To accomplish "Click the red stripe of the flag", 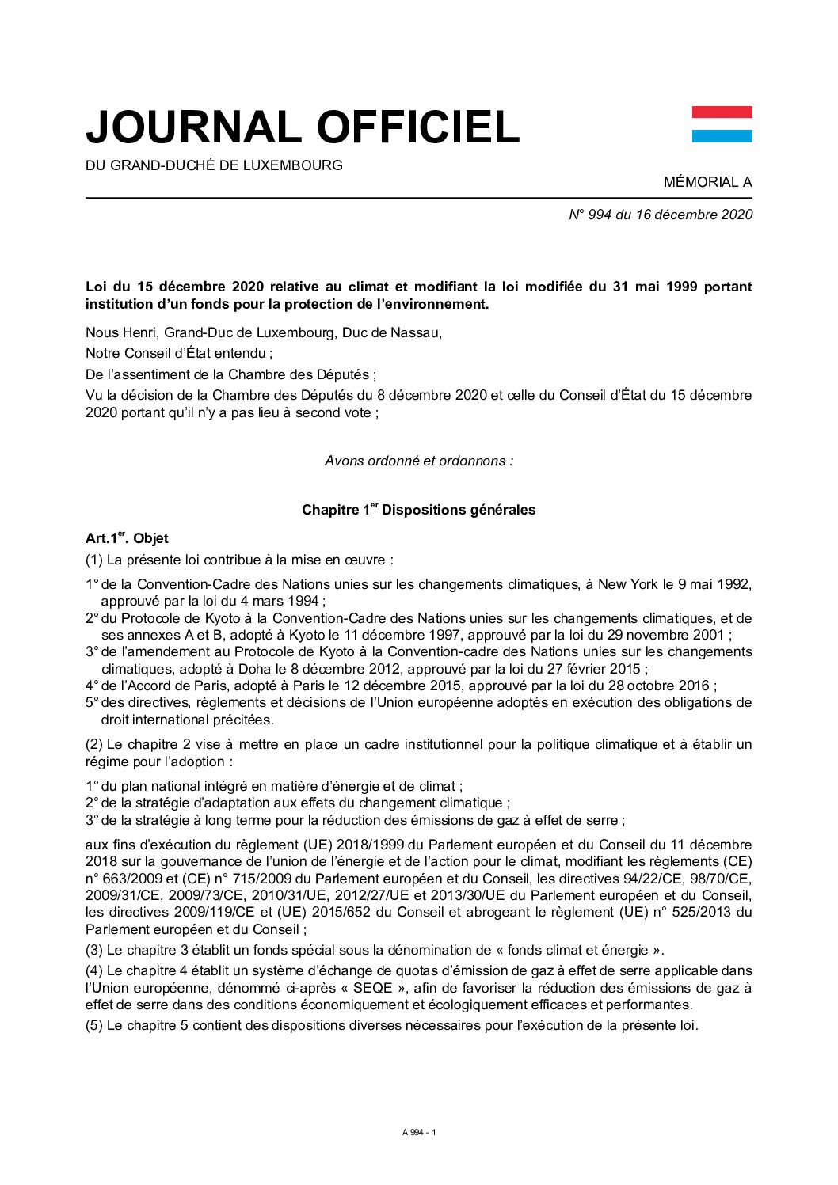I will [722, 112].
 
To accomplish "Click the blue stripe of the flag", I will [722, 136].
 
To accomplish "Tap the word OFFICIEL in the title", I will [417, 127].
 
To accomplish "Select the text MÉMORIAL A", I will [707, 182].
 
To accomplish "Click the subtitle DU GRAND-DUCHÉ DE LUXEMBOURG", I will [214, 165].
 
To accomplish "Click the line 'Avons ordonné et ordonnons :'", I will [418, 461].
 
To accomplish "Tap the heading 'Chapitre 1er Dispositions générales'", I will [418, 510].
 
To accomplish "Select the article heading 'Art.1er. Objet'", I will [127, 538].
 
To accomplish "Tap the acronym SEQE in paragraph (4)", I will [372, 988].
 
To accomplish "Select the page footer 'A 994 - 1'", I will [418, 1132].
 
